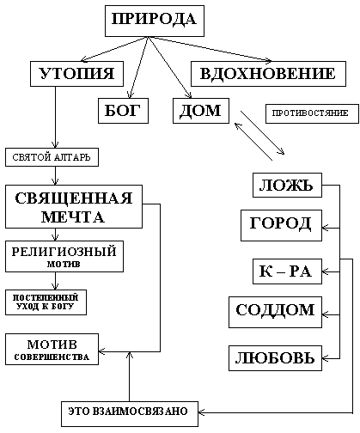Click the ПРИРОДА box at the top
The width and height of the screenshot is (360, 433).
point(155,21)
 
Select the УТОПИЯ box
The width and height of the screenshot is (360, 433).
point(76,74)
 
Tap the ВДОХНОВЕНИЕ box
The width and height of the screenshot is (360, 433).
point(268,74)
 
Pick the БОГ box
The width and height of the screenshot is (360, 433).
point(123,111)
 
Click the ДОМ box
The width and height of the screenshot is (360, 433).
point(201,111)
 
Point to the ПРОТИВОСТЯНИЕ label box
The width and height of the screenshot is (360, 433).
point(312,113)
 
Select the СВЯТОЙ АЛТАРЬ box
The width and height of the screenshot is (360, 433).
point(52,157)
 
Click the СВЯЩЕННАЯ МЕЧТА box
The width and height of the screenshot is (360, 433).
point(74,207)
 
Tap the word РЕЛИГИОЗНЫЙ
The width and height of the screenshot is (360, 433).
point(64,252)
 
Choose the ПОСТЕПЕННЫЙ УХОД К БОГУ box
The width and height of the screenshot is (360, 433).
point(46,302)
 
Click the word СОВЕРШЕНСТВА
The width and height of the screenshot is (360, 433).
point(52,357)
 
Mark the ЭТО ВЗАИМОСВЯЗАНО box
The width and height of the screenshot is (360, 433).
point(130,414)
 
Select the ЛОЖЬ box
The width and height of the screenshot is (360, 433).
point(287,185)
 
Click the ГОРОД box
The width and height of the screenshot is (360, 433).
point(281,225)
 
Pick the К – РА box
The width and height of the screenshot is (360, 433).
point(287,271)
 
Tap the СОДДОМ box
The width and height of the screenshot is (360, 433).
point(275,312)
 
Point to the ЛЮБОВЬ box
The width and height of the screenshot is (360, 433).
point(275,358)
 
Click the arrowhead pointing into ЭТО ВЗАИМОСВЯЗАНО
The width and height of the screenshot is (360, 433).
point(201,412)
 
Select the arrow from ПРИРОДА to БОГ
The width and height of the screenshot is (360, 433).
point(139,68)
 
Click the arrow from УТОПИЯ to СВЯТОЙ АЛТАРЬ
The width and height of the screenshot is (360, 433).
point(55,117)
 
